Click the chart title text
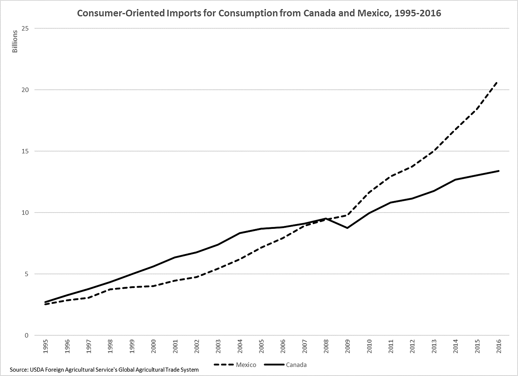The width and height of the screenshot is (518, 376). [x=259, y=13]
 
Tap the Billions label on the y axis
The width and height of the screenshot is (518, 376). [x=15, y=41]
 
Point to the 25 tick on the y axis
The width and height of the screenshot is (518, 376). [x=26, y=28]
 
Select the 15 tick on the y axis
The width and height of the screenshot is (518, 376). [x=26, y=151]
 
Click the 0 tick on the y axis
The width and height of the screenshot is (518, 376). [x=27, y=335]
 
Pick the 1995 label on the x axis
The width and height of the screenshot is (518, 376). [x=46, y=346]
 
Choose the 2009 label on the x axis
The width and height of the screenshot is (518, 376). [x=347, y=346]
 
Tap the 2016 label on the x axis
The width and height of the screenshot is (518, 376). [x=498, y=346]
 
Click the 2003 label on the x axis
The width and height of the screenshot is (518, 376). [x=218, y=346]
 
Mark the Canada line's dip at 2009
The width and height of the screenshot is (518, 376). [x=347, y=228]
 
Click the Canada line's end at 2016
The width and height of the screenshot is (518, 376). [x=498, y=171]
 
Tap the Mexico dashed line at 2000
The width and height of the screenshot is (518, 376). [x=153, y=286]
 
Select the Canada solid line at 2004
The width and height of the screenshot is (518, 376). [x=239, y=233]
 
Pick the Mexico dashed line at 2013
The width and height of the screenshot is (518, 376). [x=434, y=151]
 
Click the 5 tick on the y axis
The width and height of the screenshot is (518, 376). [x=27, y=274]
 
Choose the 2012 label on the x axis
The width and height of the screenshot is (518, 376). [x=412, y=346]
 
